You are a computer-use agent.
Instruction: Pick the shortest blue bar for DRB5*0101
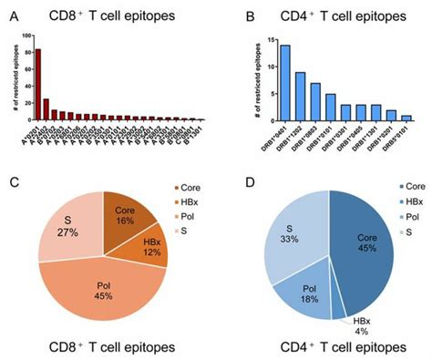click(x=406, y=118)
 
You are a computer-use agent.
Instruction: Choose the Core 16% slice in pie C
click(x=124, y=216)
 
